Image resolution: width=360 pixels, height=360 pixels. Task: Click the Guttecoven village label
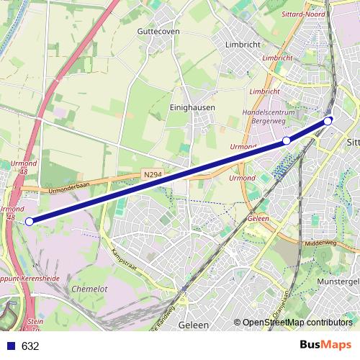tap(158, 32)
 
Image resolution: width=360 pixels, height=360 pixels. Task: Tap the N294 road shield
tap(151, 175)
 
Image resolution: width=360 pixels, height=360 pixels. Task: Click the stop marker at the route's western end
tap(29, 222)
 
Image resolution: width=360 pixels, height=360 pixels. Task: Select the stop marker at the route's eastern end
tap(328, 121)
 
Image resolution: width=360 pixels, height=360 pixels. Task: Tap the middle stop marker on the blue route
tap(287, 140)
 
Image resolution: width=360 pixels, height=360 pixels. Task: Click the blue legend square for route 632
tap(9, 346)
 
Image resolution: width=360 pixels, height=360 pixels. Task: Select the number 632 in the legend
tap(30, 346)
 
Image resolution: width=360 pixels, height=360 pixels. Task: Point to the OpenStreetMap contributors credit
tap(297, 323)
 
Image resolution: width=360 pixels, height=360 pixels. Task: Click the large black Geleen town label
tap(193, 325)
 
